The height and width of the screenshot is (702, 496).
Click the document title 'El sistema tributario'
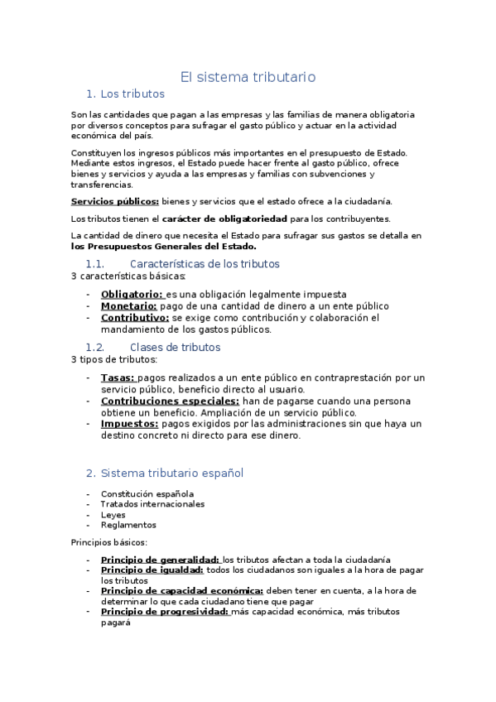(248, 77)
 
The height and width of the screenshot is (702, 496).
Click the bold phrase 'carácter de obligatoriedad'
(224, 219)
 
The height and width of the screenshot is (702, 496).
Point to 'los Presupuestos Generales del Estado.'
(164, 246)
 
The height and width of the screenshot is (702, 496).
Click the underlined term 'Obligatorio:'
(132, 295)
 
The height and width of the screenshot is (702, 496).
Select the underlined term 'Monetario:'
(129, 305)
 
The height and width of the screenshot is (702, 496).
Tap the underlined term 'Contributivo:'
(135, 317)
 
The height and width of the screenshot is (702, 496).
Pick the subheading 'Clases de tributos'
(175, 347)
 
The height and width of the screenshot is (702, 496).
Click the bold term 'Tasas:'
(118, 378)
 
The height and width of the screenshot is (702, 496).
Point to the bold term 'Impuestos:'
(129, 423)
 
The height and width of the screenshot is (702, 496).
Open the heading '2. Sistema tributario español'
(165, 473)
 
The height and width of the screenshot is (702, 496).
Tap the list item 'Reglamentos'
(128, 525)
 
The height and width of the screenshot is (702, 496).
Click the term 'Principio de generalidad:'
(160, 560)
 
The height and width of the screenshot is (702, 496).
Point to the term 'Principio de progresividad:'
(165, 612)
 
